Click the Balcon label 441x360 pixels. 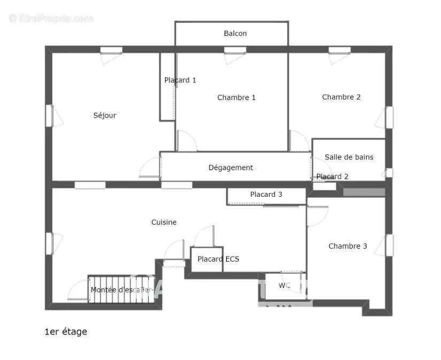235,33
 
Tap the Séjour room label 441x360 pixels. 105,115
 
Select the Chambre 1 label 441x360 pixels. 236,97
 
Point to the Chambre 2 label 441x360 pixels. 341,97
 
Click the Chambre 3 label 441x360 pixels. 347,246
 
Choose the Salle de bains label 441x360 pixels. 349,157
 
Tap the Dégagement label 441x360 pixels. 230,167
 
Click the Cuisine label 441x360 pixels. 164,222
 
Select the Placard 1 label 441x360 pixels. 180,80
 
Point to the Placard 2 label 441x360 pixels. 332,177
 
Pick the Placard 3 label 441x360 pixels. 266,194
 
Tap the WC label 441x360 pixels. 284,286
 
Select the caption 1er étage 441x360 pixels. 65,332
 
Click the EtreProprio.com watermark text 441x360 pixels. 51,18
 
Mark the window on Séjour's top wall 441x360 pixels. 111,50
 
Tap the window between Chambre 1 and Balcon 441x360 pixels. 235,50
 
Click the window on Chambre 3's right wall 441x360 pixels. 390,245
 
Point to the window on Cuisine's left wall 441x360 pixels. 49,243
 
